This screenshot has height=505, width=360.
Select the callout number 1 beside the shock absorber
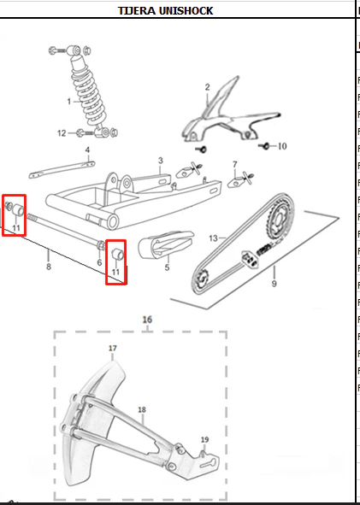(x=69, y=102)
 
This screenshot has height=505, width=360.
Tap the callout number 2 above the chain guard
(x=207, y=87)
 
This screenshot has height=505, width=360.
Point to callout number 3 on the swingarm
(x=161, y=161)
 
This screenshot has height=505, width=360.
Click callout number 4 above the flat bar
(x=87, y=150)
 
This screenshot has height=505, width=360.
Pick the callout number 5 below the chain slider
(x=167, y=267)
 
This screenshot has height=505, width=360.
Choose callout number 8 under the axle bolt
(x=49, y=267)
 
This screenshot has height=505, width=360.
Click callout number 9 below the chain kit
(x=274, y=284)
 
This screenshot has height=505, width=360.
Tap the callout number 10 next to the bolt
(x=282, y=146)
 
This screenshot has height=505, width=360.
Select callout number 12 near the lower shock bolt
(x=62, y=133)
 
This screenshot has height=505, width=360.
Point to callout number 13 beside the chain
(x=214, y=238)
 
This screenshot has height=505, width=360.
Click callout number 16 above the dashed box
(x=147, y=320)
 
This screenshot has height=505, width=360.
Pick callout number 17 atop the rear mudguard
(x=113, y=348)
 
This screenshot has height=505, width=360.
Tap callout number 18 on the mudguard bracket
(x=142, y=409)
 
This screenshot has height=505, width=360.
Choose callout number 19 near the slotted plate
(x=205, y=439)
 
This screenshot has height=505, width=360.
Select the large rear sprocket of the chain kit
(x=281, y=214)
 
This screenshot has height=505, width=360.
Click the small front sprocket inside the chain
(x=202, y=277)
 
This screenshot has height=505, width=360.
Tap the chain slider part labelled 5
(x=166, y=244)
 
